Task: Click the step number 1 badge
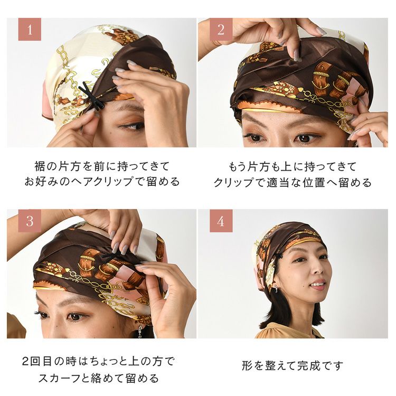(30, 29)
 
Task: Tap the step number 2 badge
(221, 29)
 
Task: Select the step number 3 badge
(30, 221)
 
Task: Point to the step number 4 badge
(221, 221)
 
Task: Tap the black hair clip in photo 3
(110, 258)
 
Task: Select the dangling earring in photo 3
(140, 332)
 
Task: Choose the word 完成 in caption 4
(308, 365)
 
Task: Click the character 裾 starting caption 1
(40, 167)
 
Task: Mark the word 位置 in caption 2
(314, 182)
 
